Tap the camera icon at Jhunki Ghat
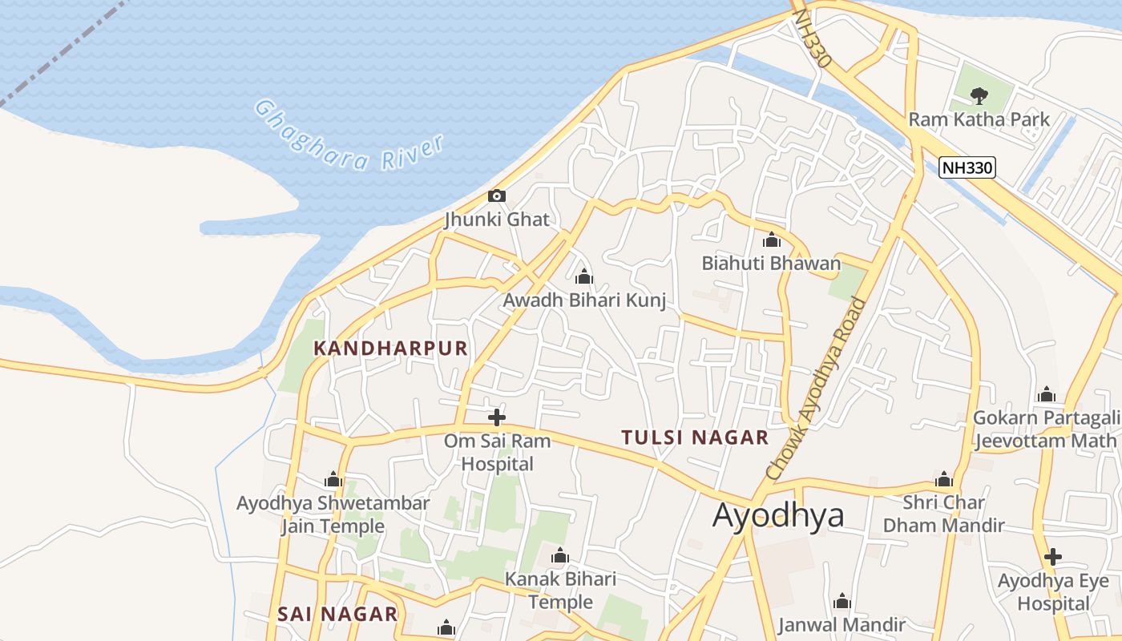(x=497, y=196)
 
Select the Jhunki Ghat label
(x=497, y=220)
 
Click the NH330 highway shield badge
(x=967, y=167)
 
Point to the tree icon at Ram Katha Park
(x=979, y=96)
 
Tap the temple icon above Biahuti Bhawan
(x=772, y=240)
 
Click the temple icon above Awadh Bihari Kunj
(x=584, y=277)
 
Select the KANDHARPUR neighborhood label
(x=390, y=349)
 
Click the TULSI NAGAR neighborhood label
(x=695, y=437)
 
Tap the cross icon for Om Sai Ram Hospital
(x=497, y=417)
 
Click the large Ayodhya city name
(x=778, y=515)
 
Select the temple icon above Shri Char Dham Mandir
(x=944, y=480)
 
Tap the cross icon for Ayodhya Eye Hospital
(x=1053, y=557)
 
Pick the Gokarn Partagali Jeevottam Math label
(x=1045, y=429)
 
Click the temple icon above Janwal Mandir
(x=841, y=602)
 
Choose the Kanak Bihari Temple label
(x=560, y=591)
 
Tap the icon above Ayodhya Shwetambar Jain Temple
(x=333, y=480)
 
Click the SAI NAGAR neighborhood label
(x=337, y=615)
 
